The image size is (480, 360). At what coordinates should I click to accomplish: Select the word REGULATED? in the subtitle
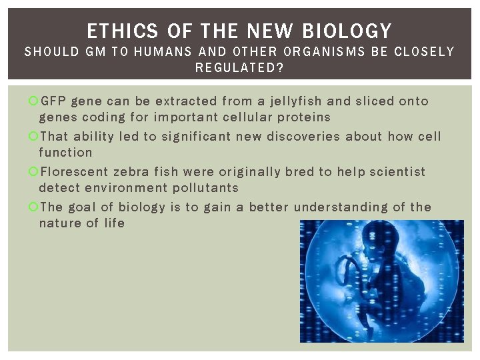tap(239, 67)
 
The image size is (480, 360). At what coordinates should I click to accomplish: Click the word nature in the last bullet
tap(61, 223)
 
